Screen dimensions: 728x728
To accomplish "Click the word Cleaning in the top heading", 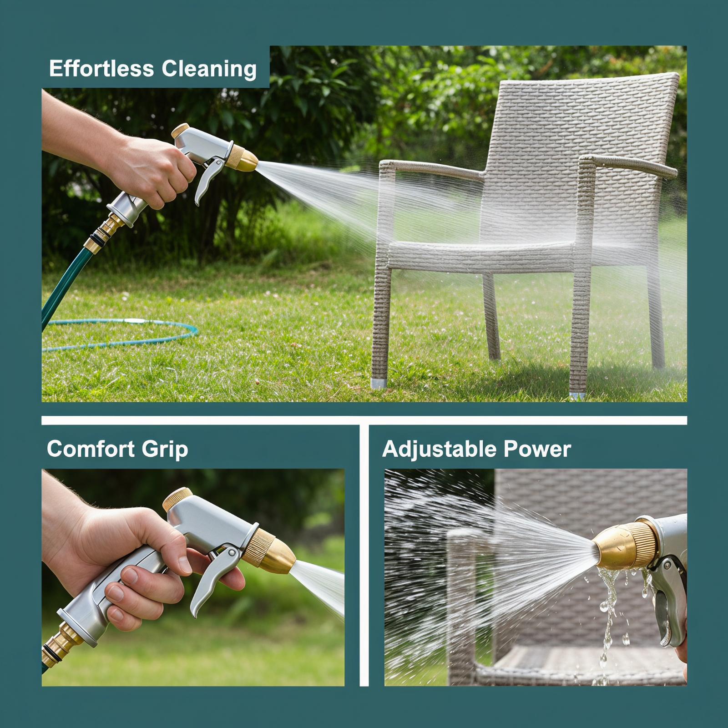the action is pos(209,70).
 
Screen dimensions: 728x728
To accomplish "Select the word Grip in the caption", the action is pos(165,450).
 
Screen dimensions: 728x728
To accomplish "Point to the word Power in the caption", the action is pos(531,449).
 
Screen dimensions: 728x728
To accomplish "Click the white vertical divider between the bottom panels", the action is pos(364,555).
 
